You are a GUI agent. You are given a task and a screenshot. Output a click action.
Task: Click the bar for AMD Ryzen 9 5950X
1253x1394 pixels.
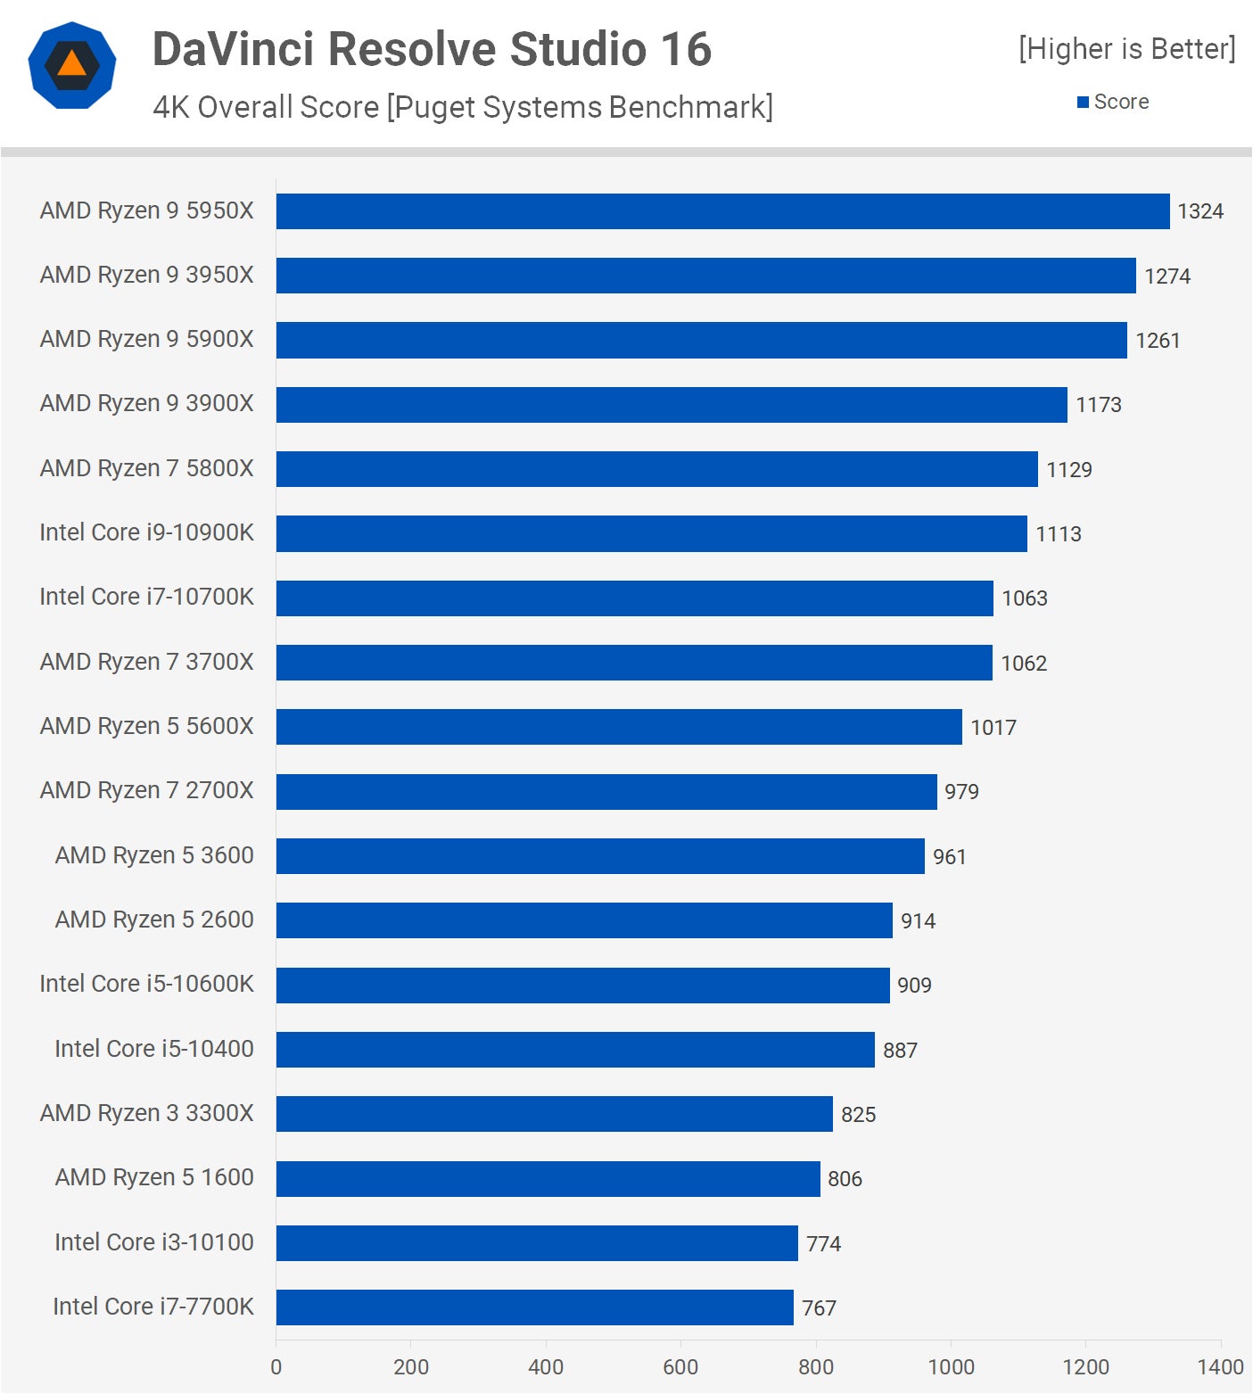click(x=722, y=211)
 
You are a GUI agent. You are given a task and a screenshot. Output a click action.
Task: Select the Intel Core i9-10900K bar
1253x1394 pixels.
click(x=651, y=533)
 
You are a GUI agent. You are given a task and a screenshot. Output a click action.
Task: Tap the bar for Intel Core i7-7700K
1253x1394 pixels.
click(x=534, y=1307)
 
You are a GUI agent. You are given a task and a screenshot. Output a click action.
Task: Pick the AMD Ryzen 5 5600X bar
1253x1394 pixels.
click(x=619, y=727)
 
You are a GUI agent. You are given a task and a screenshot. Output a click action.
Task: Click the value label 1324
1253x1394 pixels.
click(x=1199, y=211)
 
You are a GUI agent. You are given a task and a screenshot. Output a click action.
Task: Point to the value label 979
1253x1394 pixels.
click(x=961, y=792)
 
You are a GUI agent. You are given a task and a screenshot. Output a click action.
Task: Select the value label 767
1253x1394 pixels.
click(x=819, y=1308)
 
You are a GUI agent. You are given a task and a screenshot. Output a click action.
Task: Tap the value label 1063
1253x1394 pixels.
click(x=1024, y=598)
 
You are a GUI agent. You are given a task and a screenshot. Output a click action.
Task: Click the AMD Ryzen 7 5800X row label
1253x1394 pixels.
click(x=146, y=468)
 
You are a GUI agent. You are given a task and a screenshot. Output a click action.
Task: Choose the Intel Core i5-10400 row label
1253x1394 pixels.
click(x=153, y=1049)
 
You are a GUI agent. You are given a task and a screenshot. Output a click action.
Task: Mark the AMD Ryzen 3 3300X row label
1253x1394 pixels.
click(x=146, y=1113)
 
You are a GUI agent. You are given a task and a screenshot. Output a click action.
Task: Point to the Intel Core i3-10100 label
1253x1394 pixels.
click(x=153, y=1242)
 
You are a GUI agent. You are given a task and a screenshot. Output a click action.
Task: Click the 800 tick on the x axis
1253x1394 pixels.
click(x=815, y=1367)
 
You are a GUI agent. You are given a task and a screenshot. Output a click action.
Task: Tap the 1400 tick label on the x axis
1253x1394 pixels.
click(x=1219, y=1367)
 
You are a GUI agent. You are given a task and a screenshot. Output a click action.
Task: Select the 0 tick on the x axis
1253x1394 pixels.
click(x=276, y=1367)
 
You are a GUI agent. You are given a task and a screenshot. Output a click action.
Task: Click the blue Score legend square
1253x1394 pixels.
click(x=1083, y=103)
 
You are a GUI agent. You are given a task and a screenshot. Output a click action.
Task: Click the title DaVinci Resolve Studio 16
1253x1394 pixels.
click(x=432, y=49)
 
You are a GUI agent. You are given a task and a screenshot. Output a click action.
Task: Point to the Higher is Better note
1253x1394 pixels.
click(x=1126, y=49)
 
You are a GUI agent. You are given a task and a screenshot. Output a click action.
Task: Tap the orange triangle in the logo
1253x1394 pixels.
click(x=71, y=64)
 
